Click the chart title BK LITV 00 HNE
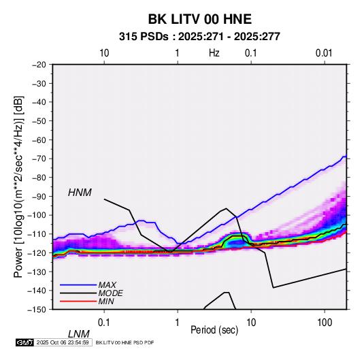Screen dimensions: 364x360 (x=199, y=19)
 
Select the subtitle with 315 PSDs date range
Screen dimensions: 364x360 (x=199, y=37)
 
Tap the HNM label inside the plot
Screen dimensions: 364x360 (x=80, y=193)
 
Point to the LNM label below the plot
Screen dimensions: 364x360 (x=79, y=334)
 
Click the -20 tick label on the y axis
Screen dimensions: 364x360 (x=39, y=65)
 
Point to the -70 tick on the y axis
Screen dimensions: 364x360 (x=39, y=159)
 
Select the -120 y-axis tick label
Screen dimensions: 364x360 (x=37, y=252)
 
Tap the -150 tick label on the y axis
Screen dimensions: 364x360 (x=37, y=310)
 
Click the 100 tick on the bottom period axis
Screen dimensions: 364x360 (x=325, y=323)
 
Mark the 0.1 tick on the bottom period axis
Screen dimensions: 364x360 (x=104, y=323)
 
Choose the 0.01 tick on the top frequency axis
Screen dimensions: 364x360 (x=324, y=53)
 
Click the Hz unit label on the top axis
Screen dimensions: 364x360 (x=214, y=53)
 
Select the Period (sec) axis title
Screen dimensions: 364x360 (x=214, y=330)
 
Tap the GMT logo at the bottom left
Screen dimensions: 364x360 (x=25, y=342)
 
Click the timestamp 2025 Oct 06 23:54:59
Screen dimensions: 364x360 (x=63, y=342)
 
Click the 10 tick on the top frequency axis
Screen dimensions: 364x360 (x=104, y=53)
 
